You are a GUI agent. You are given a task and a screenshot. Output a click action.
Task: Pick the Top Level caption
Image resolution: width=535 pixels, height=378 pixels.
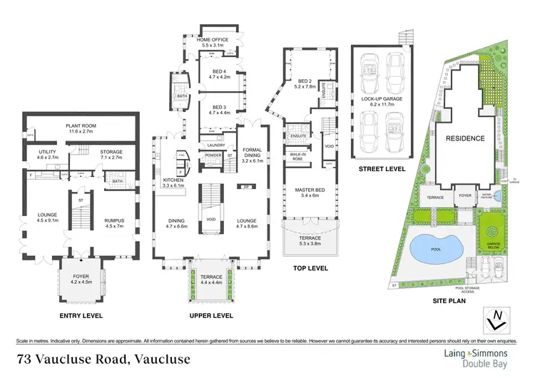click(x=310, y=268)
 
